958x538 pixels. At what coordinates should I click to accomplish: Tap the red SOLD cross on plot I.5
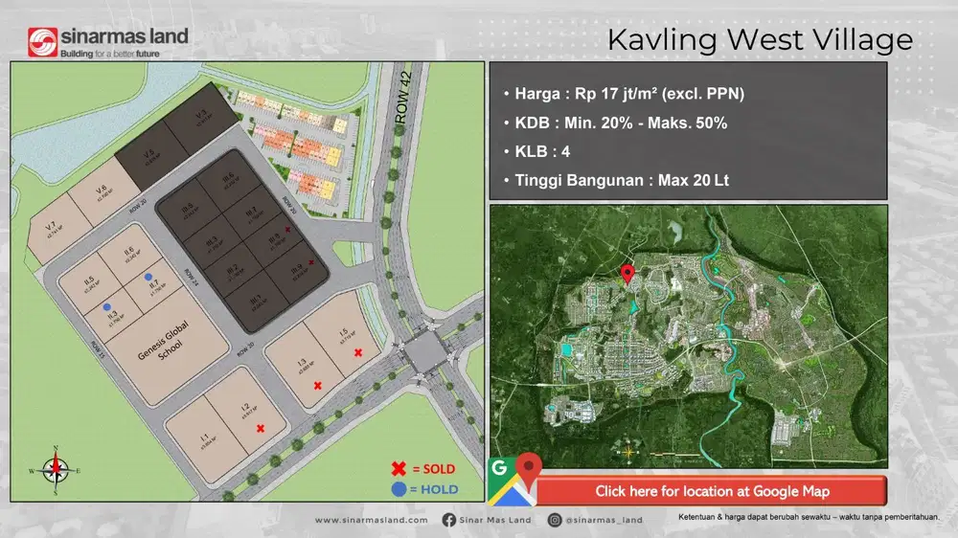click(357, 353)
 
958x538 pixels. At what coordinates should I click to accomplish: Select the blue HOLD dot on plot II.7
click(148, 277)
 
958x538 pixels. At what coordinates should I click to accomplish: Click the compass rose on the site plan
click(56, 469)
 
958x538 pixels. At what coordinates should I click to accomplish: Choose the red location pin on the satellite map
click(627, 275)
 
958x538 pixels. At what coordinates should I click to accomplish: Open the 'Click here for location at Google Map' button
click(711, 491)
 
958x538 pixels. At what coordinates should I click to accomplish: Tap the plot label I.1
click(204, 438)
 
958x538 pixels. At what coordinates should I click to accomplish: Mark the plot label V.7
click(50, 227)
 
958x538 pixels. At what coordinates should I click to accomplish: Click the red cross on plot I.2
click(260, 429)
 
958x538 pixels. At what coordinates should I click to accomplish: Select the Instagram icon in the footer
click(555, 520)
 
